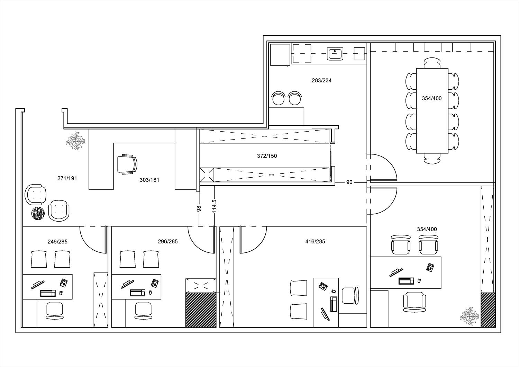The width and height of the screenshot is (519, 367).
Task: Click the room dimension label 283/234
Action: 321,80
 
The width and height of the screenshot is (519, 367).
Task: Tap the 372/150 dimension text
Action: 267,156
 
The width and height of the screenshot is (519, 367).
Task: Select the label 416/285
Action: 315,242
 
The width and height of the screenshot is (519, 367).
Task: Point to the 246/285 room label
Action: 57,242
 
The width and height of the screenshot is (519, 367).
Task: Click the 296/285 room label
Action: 168,242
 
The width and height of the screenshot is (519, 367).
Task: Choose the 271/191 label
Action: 67,178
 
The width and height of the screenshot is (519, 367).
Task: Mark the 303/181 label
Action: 149,180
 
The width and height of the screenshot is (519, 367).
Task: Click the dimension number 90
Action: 349,182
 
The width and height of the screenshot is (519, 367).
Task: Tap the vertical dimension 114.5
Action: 214,206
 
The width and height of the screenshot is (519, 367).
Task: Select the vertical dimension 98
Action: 199,209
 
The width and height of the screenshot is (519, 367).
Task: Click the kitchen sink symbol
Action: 335,54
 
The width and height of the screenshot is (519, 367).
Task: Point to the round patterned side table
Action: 38,214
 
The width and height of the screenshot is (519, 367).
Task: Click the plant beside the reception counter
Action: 75,141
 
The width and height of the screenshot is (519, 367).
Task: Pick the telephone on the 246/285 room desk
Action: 64,283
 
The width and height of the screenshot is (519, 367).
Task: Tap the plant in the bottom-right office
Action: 470,316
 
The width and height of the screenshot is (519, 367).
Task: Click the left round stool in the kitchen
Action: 278,98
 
